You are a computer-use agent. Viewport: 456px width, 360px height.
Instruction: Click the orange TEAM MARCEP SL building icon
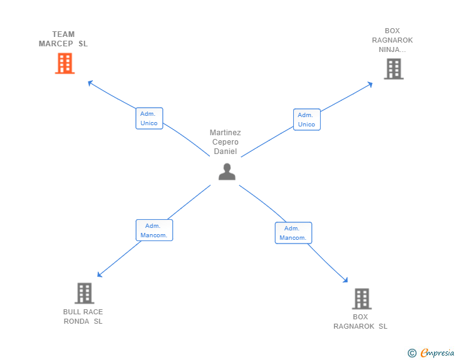pos(65,63)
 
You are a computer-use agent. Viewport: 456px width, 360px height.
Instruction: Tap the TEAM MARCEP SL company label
pos(63,39)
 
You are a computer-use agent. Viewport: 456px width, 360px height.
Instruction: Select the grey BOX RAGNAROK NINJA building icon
pos(393,69)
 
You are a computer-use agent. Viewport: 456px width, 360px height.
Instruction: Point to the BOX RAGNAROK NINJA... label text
pos(392,40)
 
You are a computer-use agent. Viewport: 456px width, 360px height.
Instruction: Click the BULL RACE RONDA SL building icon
pos(84,293)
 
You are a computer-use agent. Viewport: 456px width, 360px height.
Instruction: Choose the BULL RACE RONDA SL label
pos(83,317)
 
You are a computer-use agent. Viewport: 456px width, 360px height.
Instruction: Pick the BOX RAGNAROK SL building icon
pos(361,299)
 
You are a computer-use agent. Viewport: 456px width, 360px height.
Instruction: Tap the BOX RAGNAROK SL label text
pos(360,322)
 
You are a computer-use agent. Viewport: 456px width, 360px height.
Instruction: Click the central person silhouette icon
pos(227,172)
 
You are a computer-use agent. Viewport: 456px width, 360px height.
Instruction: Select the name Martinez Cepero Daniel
pos(225,142)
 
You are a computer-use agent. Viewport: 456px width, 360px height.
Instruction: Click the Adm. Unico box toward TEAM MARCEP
pos(149,118)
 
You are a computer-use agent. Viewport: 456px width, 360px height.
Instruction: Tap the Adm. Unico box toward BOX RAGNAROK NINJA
pos(306,120)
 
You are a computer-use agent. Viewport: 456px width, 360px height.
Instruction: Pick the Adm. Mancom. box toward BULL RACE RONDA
pos(154,230)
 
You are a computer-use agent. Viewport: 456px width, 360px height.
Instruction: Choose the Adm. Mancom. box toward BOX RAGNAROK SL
pos(293,233)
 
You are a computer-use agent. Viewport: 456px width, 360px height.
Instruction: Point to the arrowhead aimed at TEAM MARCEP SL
pos(90,82)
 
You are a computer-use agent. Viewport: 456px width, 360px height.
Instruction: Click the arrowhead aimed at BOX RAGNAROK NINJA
pos(370,84)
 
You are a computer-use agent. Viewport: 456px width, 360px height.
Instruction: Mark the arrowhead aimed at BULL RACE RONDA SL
pos(99,275)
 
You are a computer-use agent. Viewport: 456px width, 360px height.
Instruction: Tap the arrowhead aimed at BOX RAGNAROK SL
pos(345,280)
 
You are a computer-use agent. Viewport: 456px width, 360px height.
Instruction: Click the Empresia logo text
pos(437,353)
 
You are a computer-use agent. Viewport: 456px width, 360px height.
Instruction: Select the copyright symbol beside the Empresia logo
pos(412,353)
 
